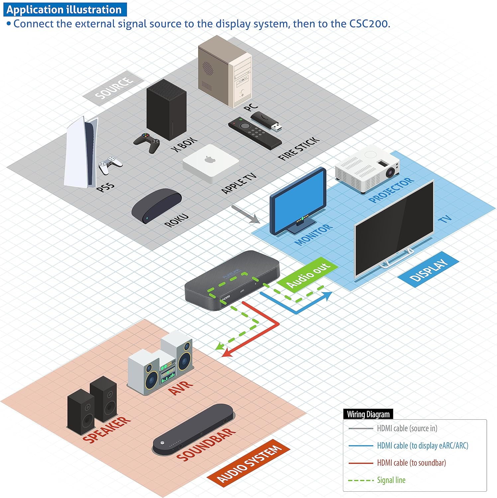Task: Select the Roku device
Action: pos(156,206)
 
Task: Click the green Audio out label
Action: pos(308,275)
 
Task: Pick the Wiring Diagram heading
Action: pos(368,414)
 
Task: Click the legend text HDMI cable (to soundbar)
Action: pos(411,463)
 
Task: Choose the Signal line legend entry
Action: pos(391,480)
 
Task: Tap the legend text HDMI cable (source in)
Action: pos(407,428)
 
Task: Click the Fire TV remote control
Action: pos(254,133)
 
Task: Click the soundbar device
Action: pos(194,430)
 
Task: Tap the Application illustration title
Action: pos(64,10)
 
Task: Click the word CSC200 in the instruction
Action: pos(369,24)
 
